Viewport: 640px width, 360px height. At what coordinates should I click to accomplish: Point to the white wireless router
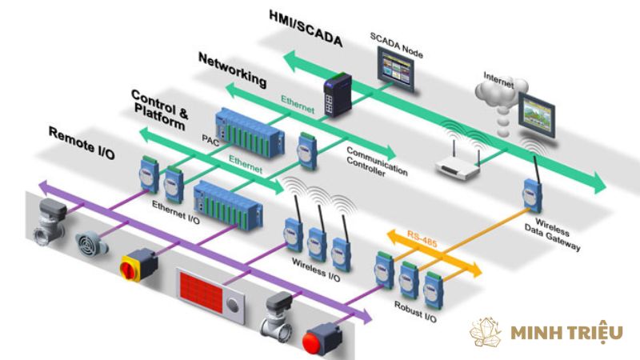click(460, 164)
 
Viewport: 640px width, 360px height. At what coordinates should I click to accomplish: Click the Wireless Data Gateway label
click(558, 233)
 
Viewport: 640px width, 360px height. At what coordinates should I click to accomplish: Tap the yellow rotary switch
click(136, 263)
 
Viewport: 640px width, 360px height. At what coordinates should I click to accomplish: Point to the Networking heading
click(231, 70)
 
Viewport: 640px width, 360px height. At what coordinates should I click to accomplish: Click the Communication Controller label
click(376, 161)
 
